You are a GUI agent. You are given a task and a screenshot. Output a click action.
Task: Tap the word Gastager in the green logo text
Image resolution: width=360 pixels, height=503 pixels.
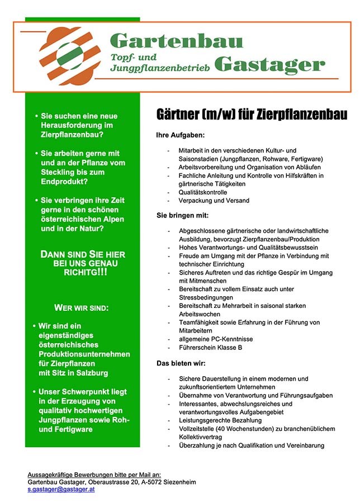pyautogui.click(x=269, y=65)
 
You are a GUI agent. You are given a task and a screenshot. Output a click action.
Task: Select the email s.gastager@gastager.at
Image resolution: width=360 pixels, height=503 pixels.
pyautogui.click(x=61, y=489)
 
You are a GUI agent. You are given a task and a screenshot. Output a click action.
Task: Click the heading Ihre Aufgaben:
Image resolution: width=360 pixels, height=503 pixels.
pyautogui.click(x=180, y=136)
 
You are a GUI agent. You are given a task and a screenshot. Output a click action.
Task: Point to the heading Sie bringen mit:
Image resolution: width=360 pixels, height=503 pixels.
pyautogui.click(x=182, y=215)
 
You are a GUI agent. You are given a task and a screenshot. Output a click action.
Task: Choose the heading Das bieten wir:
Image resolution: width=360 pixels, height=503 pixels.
pyautogui.click(x=181, y=363)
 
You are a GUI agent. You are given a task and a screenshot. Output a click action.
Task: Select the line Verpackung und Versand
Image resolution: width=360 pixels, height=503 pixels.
pyautogui.click(x=214, y=200)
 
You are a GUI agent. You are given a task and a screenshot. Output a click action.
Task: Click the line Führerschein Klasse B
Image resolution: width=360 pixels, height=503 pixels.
pyautogui.click(x=210, y=348)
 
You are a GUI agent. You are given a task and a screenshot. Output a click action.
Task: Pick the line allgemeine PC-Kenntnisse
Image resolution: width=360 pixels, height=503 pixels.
pyautogui.click(x=215, y=339)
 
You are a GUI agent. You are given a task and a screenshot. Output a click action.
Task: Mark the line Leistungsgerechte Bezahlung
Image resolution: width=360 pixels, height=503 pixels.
pyautogui.click(x=220, y=420)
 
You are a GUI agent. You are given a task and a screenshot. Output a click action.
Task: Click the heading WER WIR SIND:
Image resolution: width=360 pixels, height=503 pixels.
pyautogui.click(x=81, y=308)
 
